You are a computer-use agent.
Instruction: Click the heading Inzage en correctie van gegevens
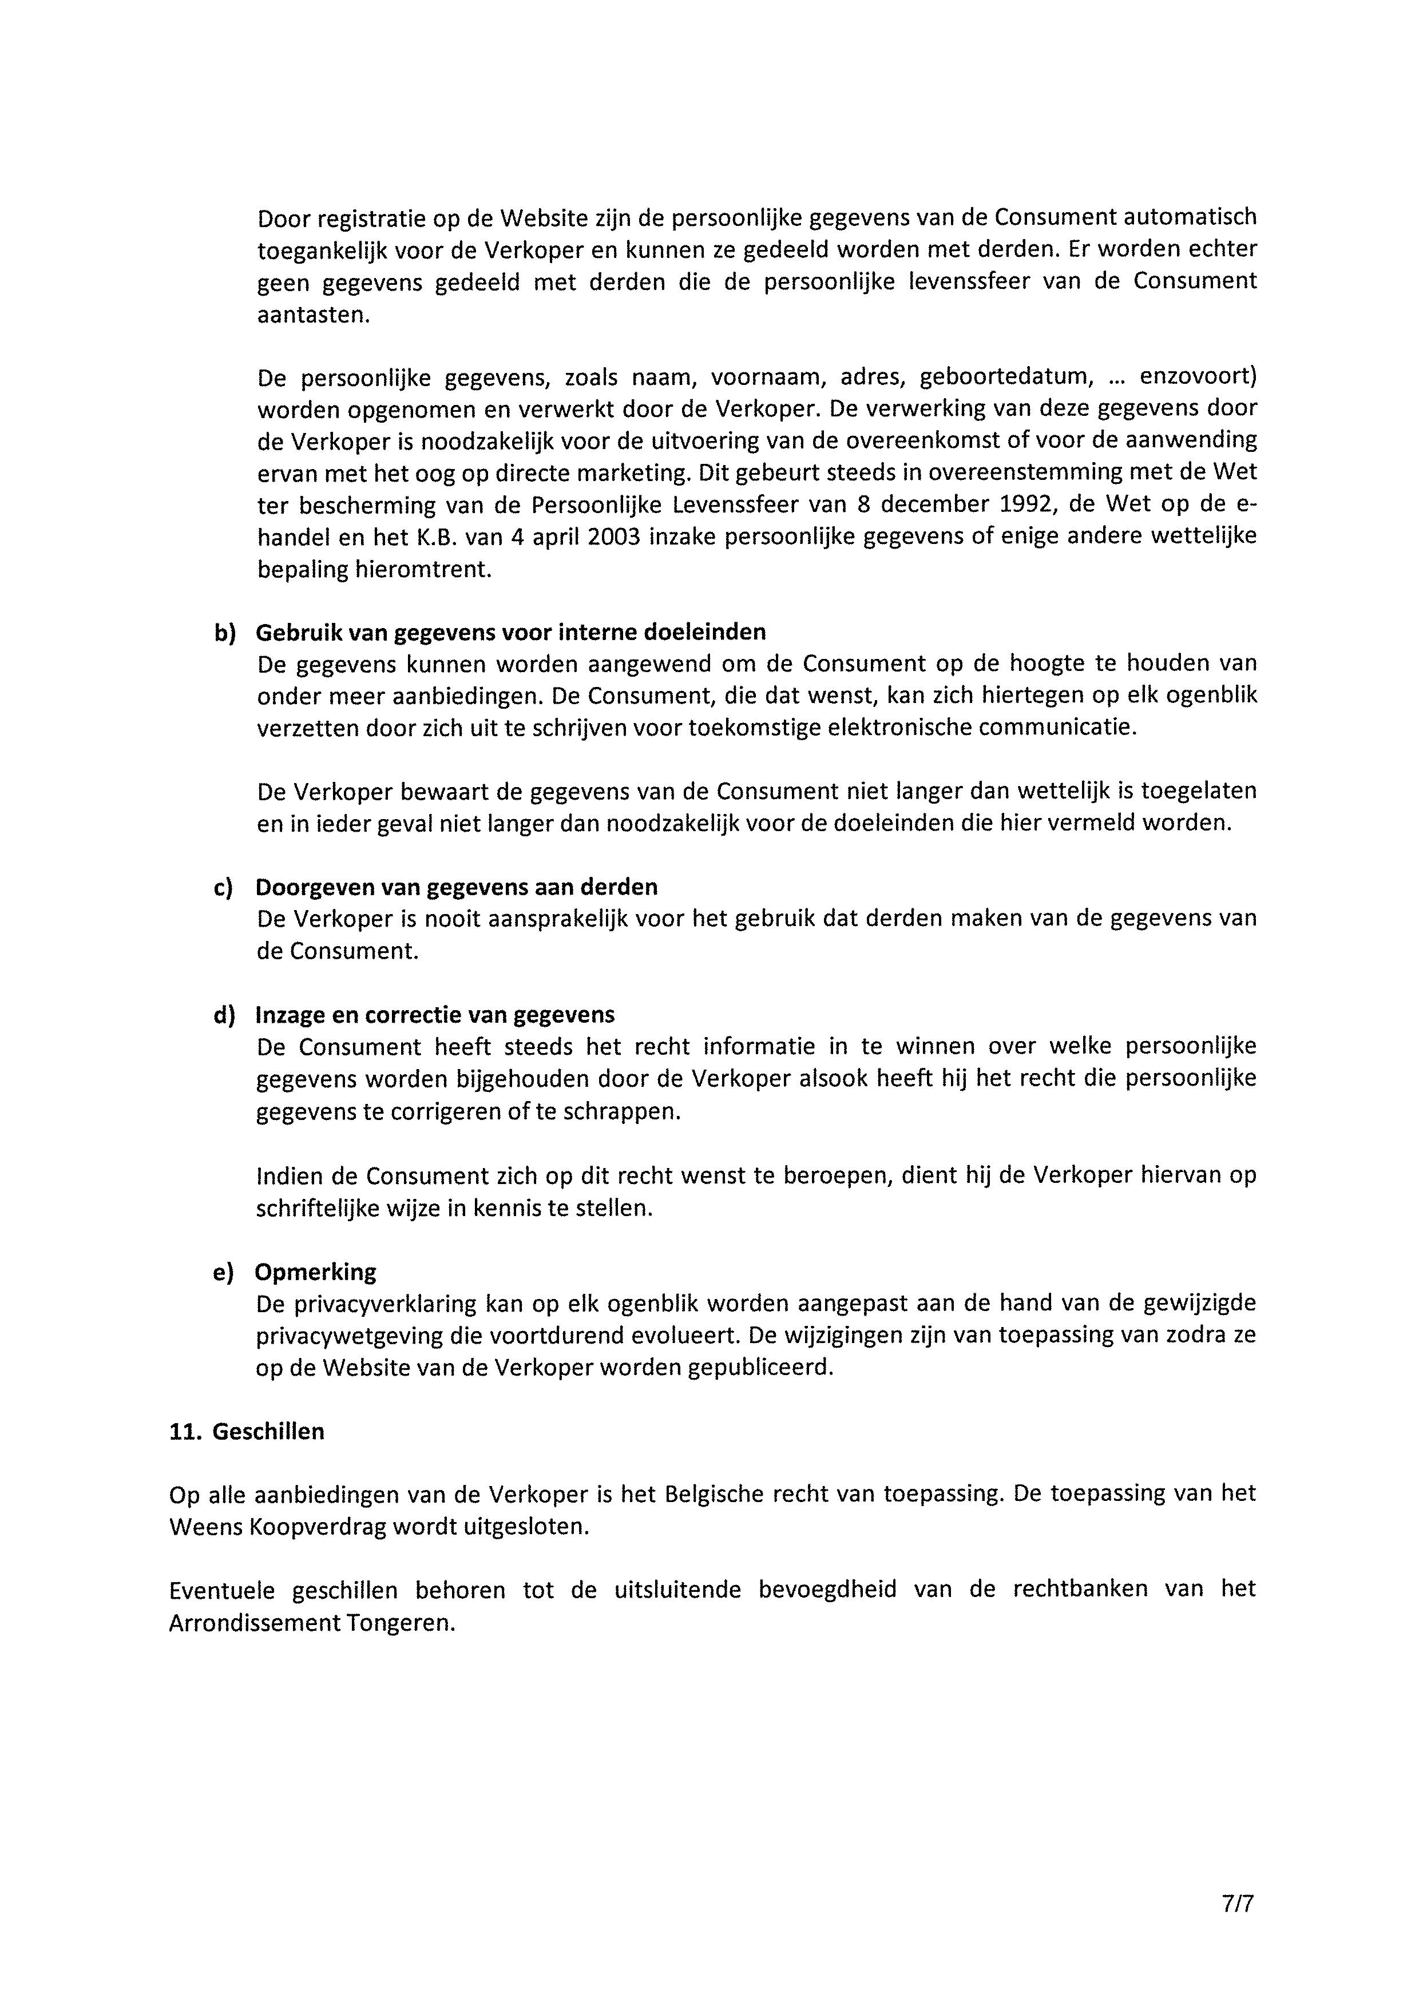(434, 1014)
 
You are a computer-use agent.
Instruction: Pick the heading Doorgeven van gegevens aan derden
(456, 887)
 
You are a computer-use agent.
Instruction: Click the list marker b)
(225, 633)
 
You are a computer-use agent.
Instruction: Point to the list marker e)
(224, 1272)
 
